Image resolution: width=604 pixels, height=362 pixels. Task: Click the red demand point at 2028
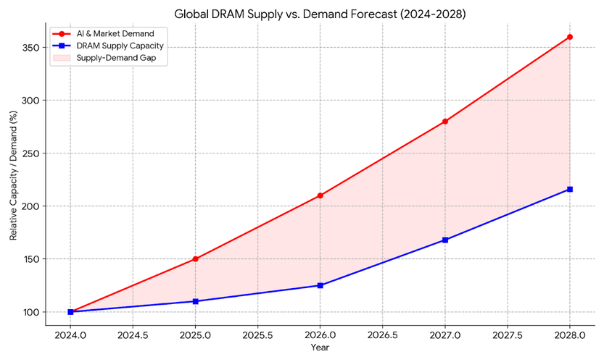570,37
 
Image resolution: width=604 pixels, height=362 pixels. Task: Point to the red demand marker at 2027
445,122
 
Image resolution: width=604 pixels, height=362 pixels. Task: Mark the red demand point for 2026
320,195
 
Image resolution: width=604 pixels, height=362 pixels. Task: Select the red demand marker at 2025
196,258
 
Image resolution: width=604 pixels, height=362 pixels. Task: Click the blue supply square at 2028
570,189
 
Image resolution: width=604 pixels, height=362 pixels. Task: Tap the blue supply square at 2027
445,240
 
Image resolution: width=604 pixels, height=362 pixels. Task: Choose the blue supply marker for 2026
320,285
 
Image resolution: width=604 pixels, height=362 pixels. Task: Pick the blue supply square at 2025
196,301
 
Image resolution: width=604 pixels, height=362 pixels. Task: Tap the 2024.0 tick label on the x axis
71,335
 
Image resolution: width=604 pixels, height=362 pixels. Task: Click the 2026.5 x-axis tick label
383,335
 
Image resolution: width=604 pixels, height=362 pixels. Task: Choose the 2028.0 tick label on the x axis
570,335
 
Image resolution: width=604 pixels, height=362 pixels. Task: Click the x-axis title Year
320,348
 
